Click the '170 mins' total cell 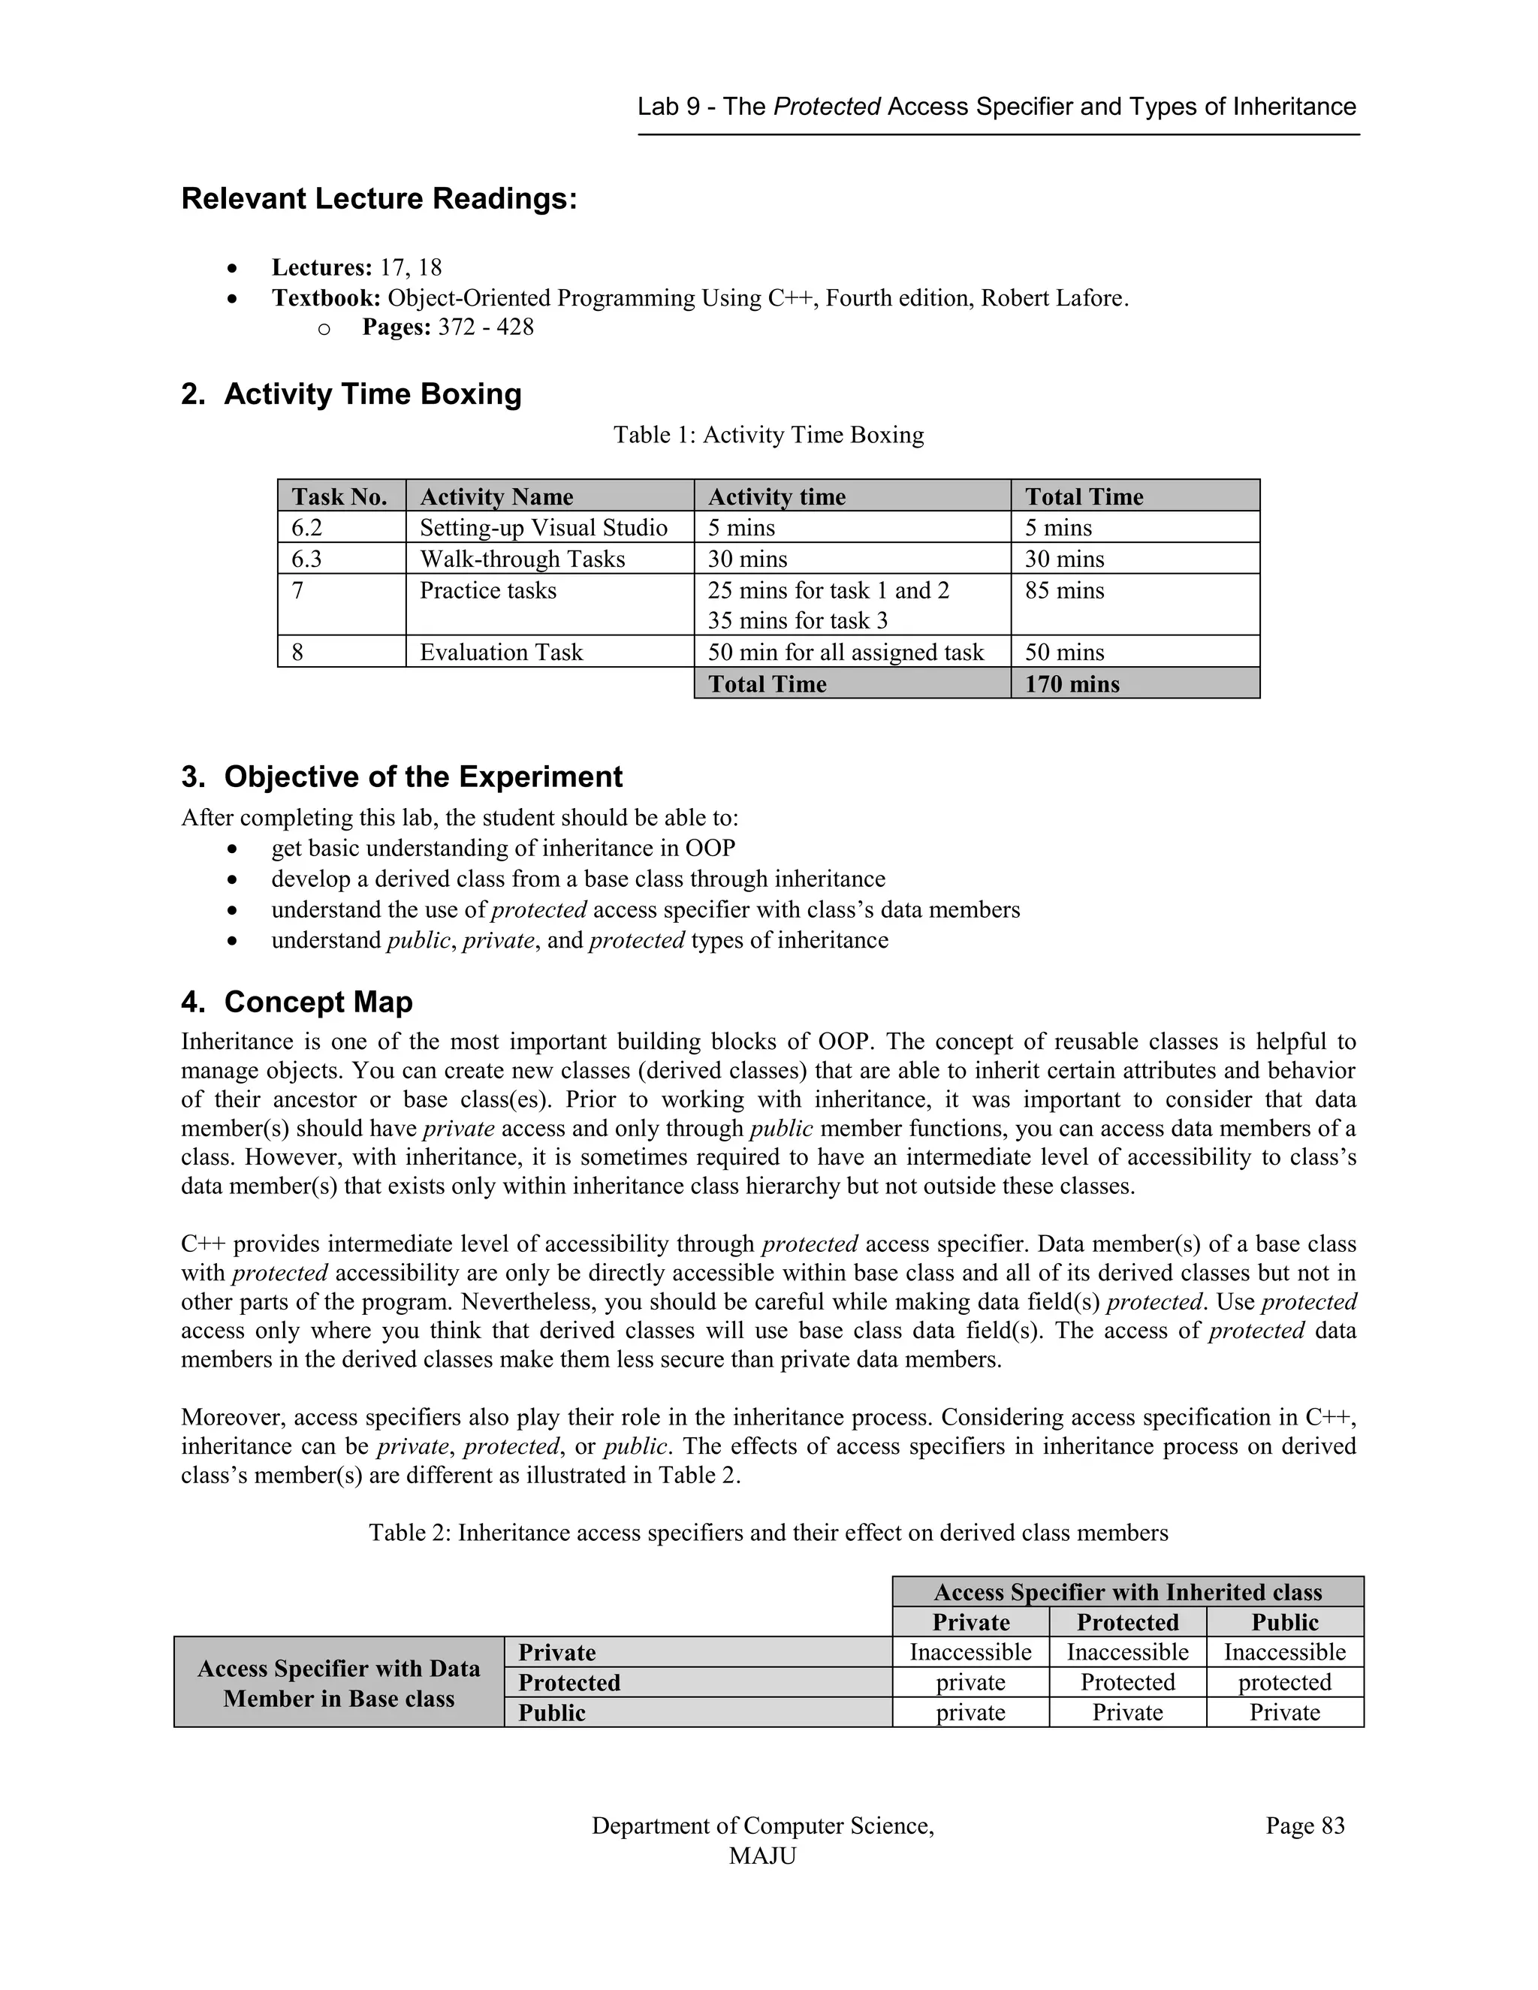(x=1072, y=683)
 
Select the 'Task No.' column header (x=339, y=496)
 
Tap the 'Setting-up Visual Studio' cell (x=543, y=528)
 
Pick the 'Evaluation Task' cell (x=500, y=653)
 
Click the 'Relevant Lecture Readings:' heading (x=379, y=199)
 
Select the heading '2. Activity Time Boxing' (x=351, y=393)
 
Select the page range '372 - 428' (x=486, y=327)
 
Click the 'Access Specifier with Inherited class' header (x=1127, y=1592)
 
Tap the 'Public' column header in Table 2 (x=1285, y=1622)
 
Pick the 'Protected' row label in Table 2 (x=569, y=1682)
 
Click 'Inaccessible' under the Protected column (x=1127, y=1652)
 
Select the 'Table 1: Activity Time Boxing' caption (x=768, y=435)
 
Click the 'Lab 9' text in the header (x=669, y=107)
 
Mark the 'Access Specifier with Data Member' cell (x=338, y=1683)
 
